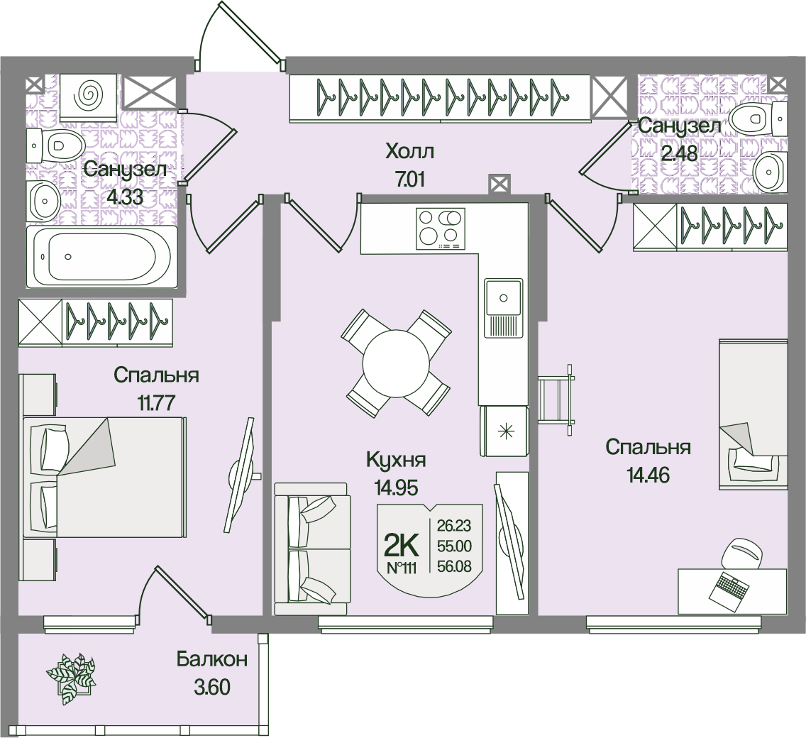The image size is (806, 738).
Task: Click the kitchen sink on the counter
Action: pos(503,297)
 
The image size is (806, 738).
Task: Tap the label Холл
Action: pos(409,151)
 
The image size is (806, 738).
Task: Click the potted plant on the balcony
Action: pos(71,677)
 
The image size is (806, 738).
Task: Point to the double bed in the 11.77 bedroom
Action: pos(105,477)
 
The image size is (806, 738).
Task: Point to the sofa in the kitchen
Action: pos(312,548)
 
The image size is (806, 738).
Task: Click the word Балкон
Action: pos(212,659)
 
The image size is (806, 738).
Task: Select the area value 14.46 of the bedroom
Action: pos(648,475)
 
